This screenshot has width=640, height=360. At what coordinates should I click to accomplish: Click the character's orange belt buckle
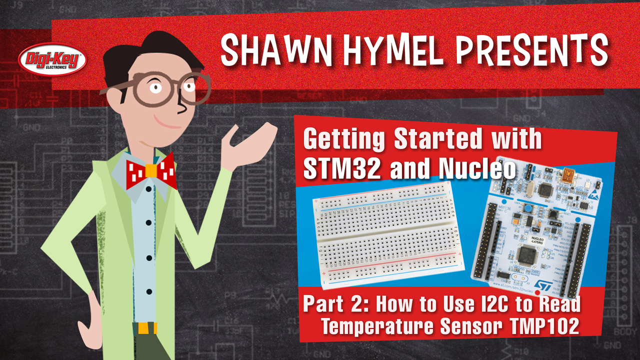[x=147, y=328]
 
